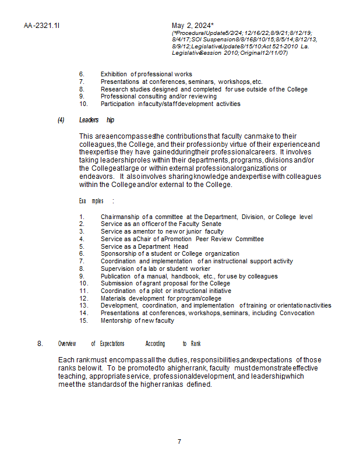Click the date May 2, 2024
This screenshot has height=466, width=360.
193,26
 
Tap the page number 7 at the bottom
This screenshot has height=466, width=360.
179,441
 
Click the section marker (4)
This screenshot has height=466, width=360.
61,120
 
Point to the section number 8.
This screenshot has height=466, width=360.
40,344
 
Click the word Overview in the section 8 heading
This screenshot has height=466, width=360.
67,344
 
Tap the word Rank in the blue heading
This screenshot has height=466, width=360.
195,344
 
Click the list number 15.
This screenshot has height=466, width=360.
83,320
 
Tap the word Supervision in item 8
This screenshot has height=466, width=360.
117,269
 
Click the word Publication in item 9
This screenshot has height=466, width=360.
116,276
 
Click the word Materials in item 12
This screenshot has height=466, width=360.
113,298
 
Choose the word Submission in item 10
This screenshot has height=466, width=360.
117,283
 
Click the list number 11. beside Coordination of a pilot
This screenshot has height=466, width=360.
83,291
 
